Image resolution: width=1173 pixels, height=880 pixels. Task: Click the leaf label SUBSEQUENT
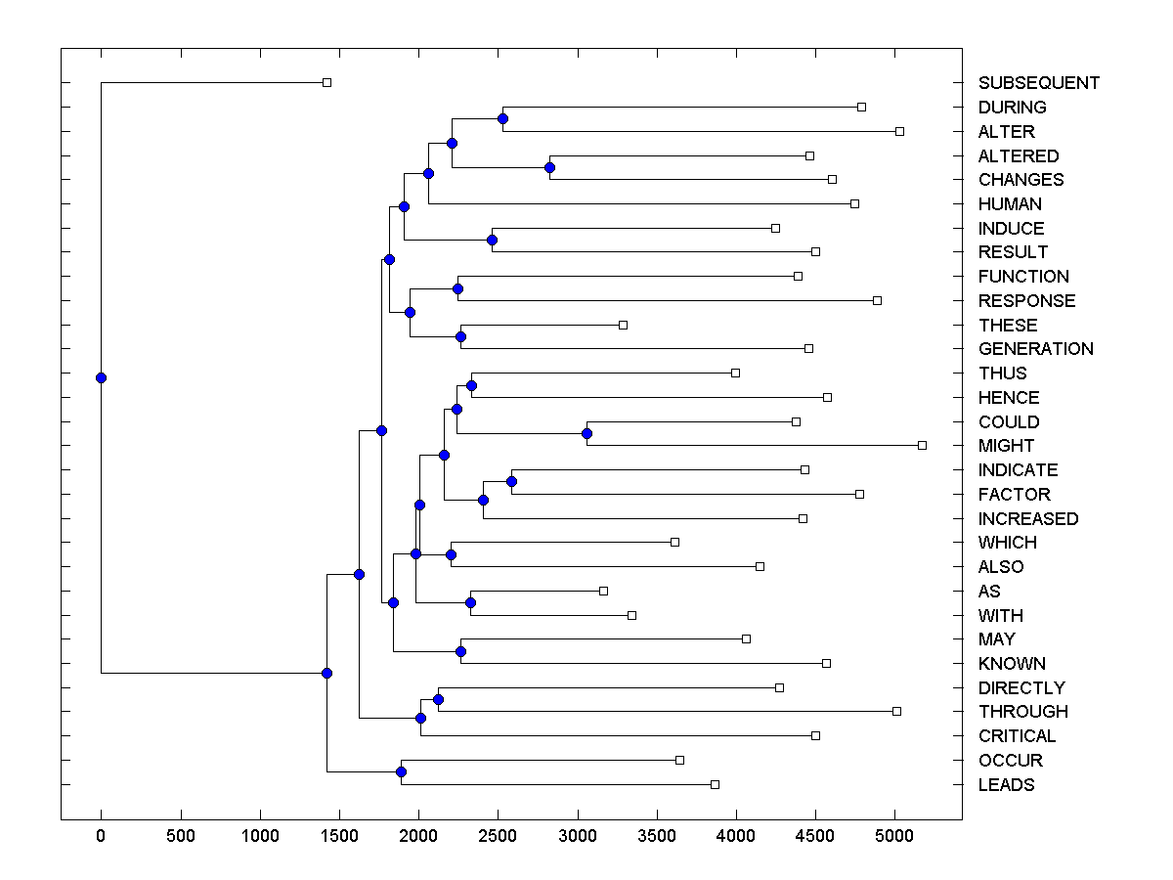pos(1038,83)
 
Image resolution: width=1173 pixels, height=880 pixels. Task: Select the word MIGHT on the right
pos(1006,446)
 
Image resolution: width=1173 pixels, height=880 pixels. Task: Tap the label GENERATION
pos(1035,349)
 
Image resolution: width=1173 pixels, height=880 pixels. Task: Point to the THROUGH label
pos(1022,712)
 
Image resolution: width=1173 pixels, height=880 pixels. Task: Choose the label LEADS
pos(1006,785)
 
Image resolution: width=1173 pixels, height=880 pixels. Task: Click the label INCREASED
pos(1028,519)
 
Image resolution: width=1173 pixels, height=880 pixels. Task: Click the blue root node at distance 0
pos(101,378)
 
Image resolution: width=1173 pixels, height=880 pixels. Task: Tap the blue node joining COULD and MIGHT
pos(586,433)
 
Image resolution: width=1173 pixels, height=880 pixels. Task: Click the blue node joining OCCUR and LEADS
pos(401,772)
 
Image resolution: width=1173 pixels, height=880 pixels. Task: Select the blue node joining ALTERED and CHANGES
pos(549,167)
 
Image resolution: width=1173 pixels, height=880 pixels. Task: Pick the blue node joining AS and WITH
pos(470,603)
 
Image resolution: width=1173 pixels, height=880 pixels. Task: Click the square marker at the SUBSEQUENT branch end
pos(326,83)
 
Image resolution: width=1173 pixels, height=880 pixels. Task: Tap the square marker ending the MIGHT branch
pos(922,446)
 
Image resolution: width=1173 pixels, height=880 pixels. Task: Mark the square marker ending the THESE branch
pos(623,325)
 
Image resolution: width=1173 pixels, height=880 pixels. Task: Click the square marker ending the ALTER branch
pos(899,131)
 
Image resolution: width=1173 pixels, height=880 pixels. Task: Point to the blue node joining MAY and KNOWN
pos(460,651)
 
